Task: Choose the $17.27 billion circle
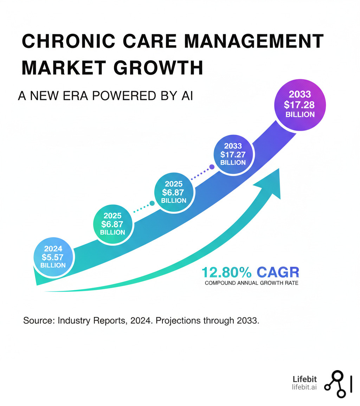(x=233, y=154)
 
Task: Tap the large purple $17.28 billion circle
(x=300, y=104)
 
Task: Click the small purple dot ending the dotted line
(x=212, y=167)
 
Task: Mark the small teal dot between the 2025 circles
(x=152, y=203)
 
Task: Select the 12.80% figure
(x=227, y=272)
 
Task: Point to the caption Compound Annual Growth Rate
(x=251, y=283)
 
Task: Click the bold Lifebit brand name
(x=305, y=379)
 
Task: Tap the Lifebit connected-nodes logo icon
(x=335, y=385)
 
